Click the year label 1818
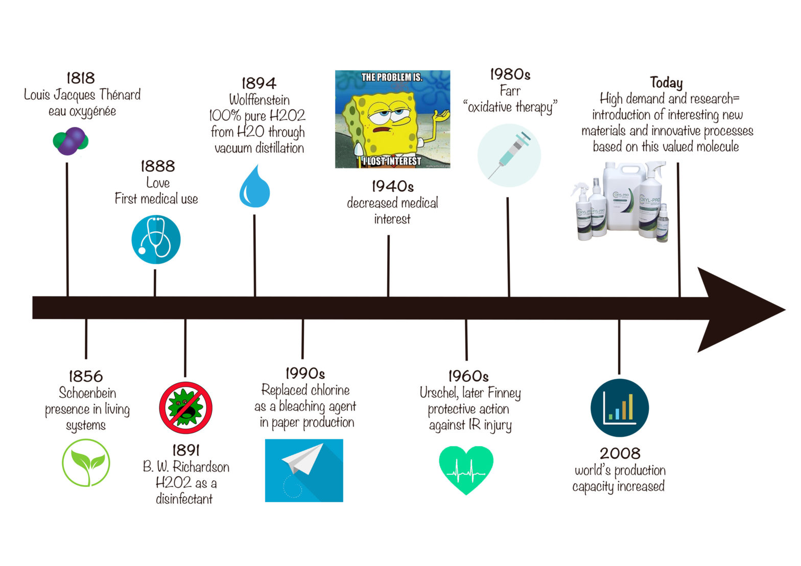point(81,78)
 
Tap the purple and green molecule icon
point(70,141)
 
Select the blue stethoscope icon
point(156,239)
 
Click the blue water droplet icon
point(254,188)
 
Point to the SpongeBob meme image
point(392,119)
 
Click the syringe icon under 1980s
point(509,155)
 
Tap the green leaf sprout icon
point(86,463)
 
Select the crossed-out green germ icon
point(185,408)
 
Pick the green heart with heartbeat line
point(466,469)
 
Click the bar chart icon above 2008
point(619,408)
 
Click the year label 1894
point(258,83)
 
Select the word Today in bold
point(666,82)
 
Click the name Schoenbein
point(87,393)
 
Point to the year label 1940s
point(392,186)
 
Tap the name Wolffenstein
point(259,100)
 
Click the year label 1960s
point(468,377)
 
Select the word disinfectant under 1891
point(184,499)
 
